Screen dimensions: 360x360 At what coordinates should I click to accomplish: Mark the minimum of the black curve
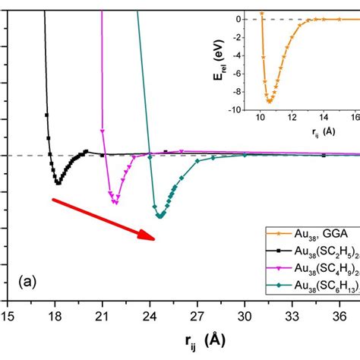tap(58, 183)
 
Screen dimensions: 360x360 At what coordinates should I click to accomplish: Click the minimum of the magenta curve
tap(115, 203)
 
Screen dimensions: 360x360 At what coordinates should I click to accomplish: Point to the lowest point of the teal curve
tap(160, 216)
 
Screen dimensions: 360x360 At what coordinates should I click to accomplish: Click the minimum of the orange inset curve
tap(269, 101)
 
